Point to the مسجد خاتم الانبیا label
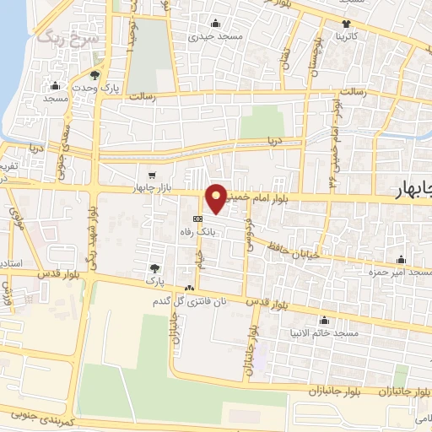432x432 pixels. tap(324, 333)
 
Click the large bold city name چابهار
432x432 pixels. tap(411, 192)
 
